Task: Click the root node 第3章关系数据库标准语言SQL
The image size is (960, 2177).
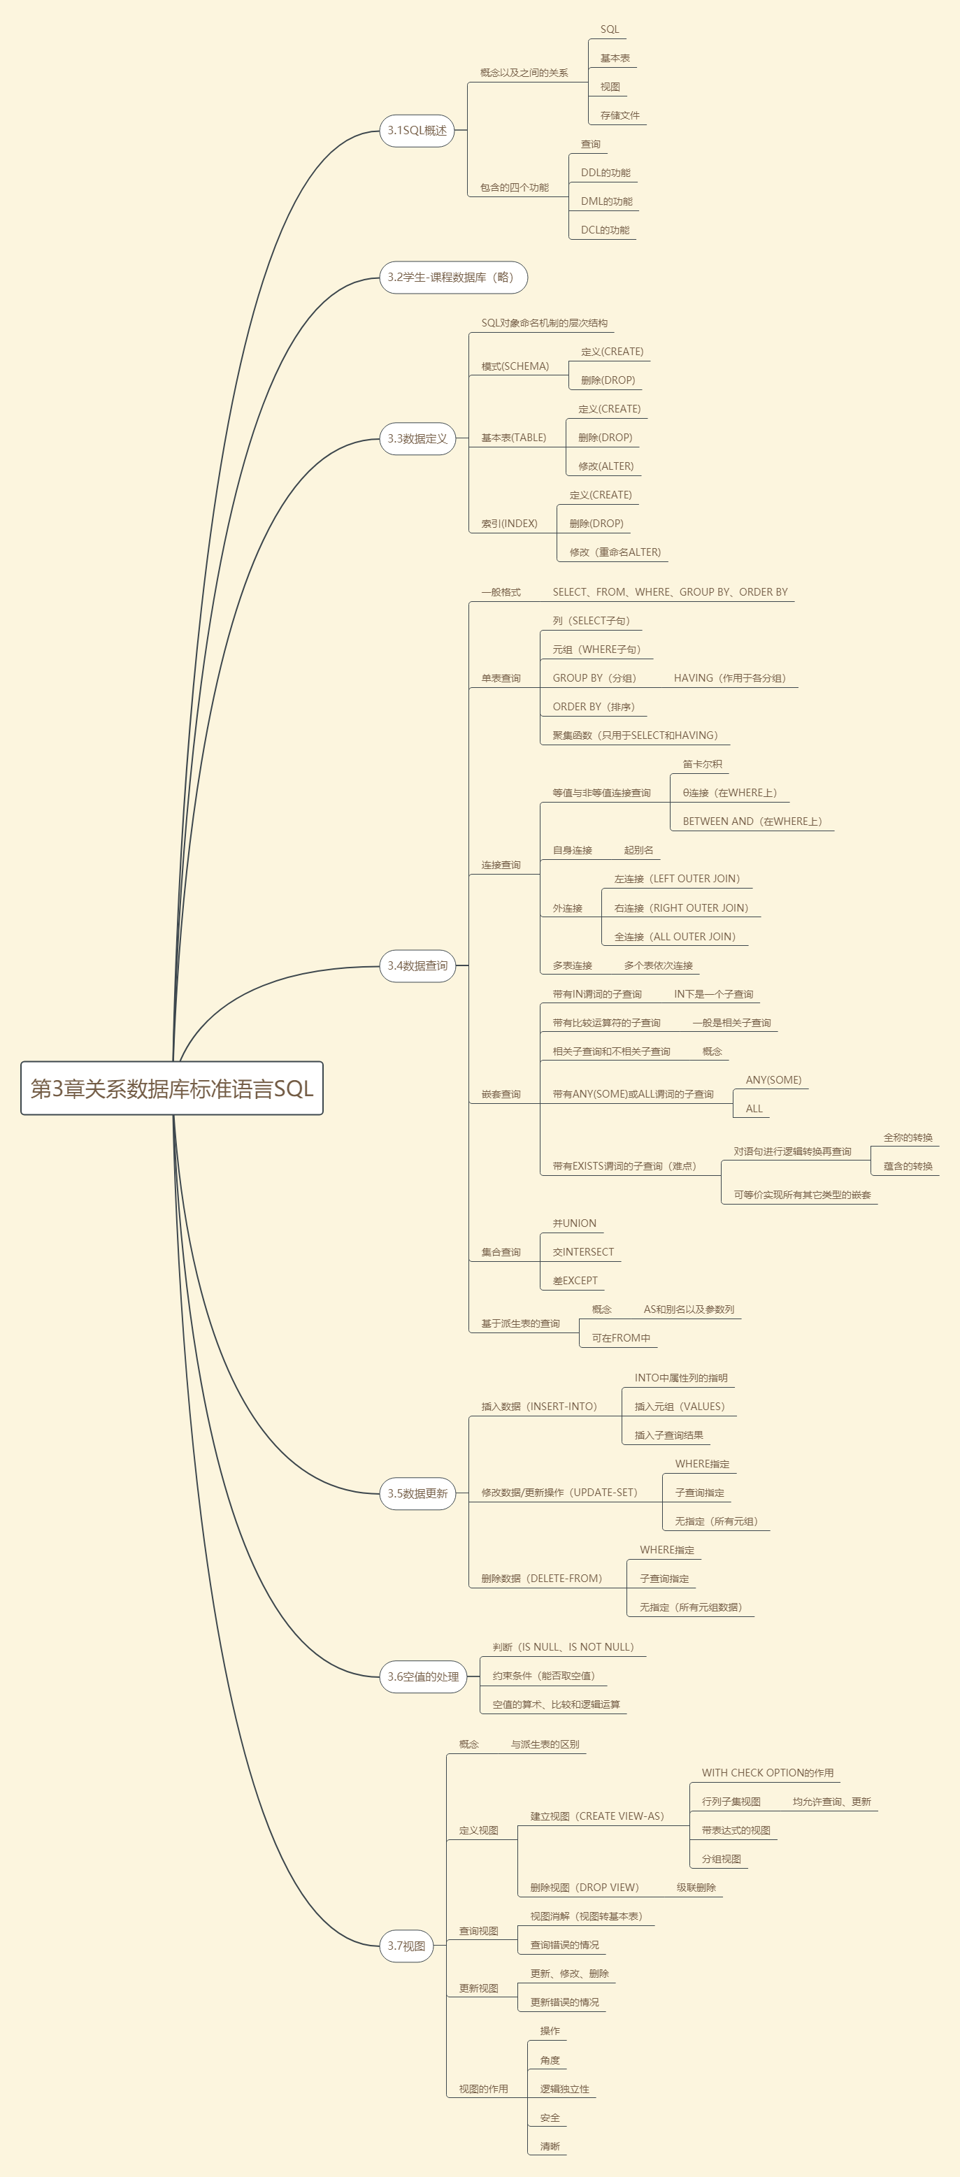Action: [171, 1088]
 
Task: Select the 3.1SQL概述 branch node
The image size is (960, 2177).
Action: [417, 131]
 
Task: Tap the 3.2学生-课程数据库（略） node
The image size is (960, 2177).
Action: [452, 278]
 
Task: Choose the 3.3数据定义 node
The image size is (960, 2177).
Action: [417, 438]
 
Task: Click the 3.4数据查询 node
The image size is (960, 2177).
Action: [417, 966]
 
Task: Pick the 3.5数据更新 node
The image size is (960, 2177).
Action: [417, 1493]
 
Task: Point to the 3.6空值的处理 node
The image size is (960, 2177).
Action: [422, 1676]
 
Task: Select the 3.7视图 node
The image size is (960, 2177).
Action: [406, 1946]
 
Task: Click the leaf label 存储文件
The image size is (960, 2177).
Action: [619, 116]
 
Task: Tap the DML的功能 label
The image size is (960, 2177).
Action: [606, 202]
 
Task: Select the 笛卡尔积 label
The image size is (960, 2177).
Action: [702, 765]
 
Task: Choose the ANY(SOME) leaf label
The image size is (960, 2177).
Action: [773, 1080]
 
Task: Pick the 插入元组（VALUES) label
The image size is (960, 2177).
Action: [680, 1407]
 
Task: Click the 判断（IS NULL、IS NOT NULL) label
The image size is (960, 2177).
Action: [563, 1647]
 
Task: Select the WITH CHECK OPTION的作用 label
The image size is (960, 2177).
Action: [767, 1773]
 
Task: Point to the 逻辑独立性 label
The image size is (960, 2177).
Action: [564, 2089]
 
